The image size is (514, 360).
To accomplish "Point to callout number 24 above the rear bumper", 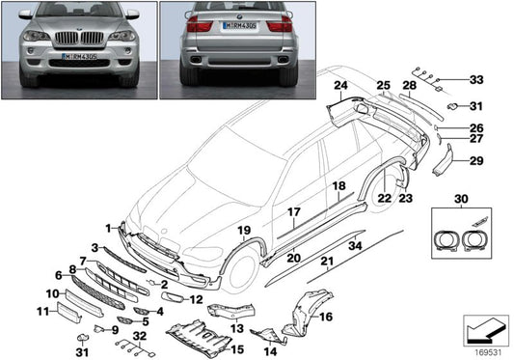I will [339, 86].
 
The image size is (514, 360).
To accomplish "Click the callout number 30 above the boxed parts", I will [457, 198].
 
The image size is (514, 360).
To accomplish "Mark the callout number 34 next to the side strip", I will [355, 247].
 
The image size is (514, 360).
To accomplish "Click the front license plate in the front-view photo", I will [77, 57].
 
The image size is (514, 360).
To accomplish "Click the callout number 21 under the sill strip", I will [329, 262].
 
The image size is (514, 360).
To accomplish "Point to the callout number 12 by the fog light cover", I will [196, 299].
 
